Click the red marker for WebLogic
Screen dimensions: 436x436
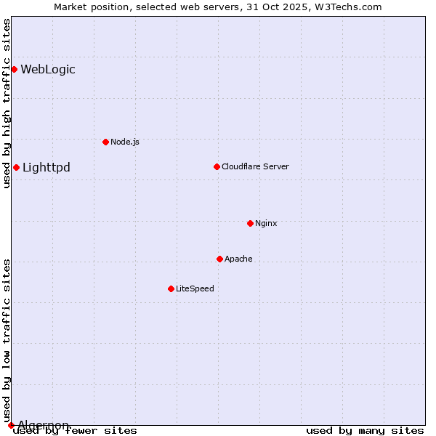[14, 70]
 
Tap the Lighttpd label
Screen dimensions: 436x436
[47, 168]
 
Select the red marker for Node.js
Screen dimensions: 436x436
[105, 142]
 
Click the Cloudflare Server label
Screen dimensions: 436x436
[255, 166]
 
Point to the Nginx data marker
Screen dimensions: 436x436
[250, 223]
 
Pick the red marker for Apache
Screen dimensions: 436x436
[219, 259]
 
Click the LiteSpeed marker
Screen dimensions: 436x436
[171, 288]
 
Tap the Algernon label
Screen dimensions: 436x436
[44, 426]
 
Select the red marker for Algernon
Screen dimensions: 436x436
[11, 425]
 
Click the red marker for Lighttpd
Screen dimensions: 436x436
[16, 168]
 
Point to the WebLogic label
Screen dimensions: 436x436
[48, 70]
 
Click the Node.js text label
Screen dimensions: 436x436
[125, 142]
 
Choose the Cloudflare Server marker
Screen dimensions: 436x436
[217, 166]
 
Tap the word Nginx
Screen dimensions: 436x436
[266, 223]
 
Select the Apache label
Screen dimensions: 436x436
[238, 259]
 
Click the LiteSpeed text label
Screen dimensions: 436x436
[195, 288]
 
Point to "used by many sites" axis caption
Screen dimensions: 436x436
[365, 431]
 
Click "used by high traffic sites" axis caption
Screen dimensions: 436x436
[7, 103]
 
